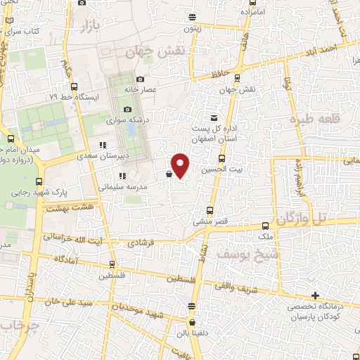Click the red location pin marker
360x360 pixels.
pyautogui.click(x=181, y=164)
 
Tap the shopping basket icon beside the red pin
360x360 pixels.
pyautogui.click(x=169, y=174)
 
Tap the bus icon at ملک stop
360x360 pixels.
pyautogui.click(x=265, y=226)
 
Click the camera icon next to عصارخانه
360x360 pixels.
pyautogui.click(x=141, y=79)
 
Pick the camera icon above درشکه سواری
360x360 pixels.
pyautogui.click(x=128, y=109)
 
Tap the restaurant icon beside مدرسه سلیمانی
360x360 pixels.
pyautogui.click(x=122, y=176)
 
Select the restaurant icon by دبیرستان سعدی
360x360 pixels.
pyautogui.click(x=103, y=146)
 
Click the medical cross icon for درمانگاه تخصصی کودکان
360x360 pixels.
pyautogui.click(x=314, y=295)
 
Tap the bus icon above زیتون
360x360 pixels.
pyautogui.click(x=192, y=18)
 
